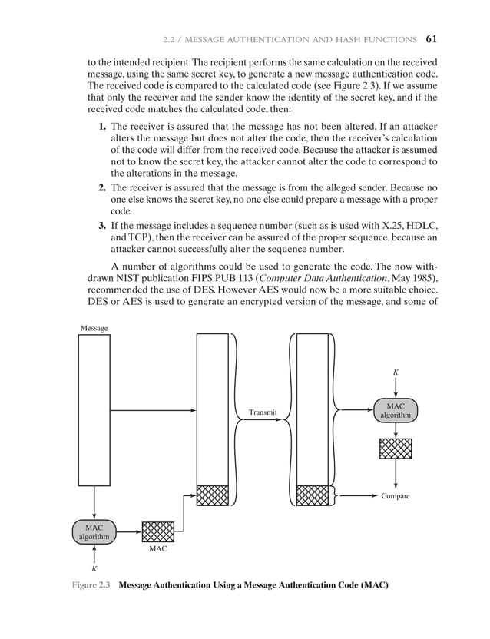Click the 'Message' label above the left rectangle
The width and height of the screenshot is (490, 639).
click(x=94, y=328)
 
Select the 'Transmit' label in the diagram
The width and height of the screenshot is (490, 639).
click(x=262, y=412)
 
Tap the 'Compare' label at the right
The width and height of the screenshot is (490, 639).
click(x=396, y=496)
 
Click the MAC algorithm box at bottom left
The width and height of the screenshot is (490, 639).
click(x=94, y=531)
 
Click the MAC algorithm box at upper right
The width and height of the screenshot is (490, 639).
click(x=396, y=410)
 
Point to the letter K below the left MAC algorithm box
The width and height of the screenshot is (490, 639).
click(x=94, y=569)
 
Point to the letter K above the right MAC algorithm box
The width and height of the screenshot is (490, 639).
click(x=396, y=372)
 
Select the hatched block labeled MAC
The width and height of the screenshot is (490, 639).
click(x=158, y=531)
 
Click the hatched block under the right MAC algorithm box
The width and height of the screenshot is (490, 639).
click(x=396, y=449)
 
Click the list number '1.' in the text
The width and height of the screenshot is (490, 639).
click(x=102, y=124)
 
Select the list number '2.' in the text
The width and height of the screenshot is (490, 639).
click(x=102, y=187)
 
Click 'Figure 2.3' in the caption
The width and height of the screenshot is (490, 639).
click(x=92, y=588)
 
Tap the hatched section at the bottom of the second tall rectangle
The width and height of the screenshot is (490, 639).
click(x=213, y=495)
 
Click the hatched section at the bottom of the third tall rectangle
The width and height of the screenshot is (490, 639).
click(x=312, y=495)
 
